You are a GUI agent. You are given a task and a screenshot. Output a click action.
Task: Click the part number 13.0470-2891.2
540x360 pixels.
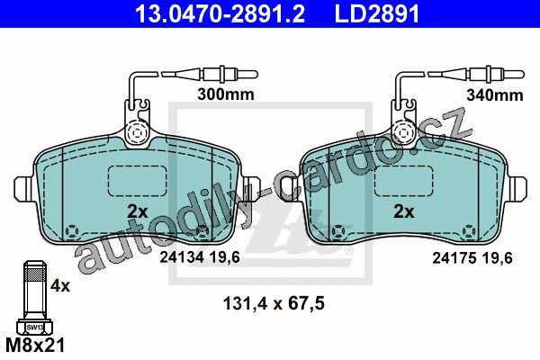coord(220,13)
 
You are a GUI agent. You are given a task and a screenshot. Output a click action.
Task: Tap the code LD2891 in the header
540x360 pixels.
coord(377,13)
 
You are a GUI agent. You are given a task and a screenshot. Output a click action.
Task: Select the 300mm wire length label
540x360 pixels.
coord(226,94)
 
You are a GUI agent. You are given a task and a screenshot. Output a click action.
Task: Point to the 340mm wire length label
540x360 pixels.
coord(495,95)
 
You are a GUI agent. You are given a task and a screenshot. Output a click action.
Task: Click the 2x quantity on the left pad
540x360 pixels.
coord(138,211)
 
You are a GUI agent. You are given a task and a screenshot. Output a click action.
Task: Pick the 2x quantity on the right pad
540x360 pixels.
coord(404,211)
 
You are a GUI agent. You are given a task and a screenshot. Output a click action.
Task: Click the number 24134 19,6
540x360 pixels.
coord(200,257)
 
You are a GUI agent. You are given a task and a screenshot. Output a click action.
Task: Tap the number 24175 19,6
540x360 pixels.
coord(472,257)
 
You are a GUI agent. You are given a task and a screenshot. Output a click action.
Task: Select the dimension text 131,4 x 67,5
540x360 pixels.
coord(274,304)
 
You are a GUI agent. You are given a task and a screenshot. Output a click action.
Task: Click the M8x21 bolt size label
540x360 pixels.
coord(35,345)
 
